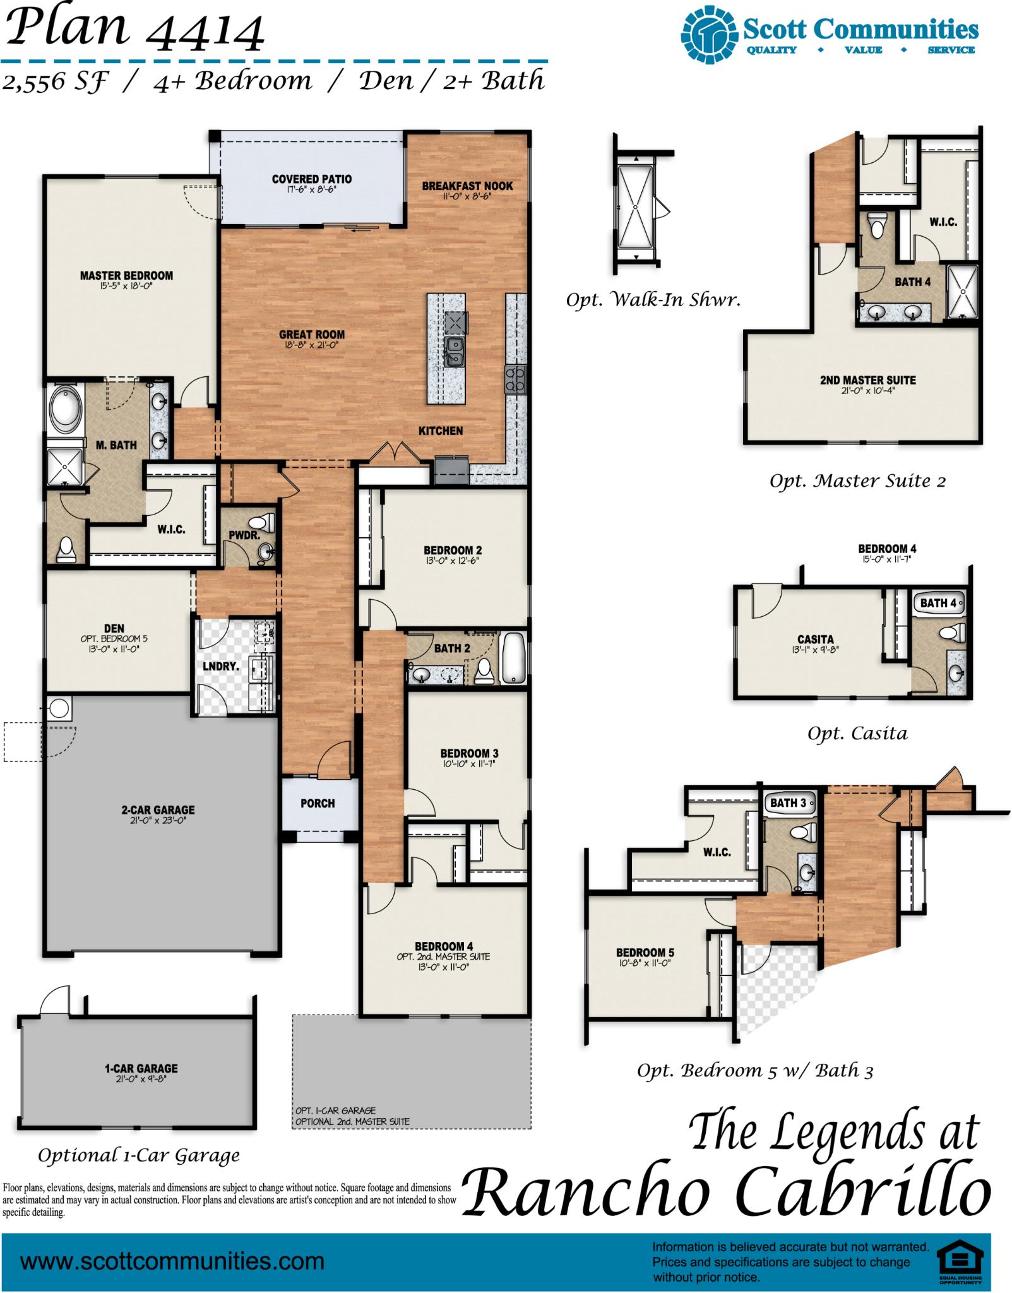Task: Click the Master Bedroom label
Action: coord(126,276)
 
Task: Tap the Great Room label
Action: coord(312,335)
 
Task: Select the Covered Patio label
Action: coord(312,179)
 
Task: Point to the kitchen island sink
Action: coord(454,352)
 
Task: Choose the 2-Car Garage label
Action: coord(158,810)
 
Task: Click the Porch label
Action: coord(318,804)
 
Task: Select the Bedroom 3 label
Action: coord(469,753)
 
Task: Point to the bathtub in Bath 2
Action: coord(513,658)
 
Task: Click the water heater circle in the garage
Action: coord(59,708)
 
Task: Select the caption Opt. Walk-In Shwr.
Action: coord(653,300)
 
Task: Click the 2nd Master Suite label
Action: coord(867,380)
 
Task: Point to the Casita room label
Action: coord(816,639)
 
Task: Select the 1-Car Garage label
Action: coord(141,1069)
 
